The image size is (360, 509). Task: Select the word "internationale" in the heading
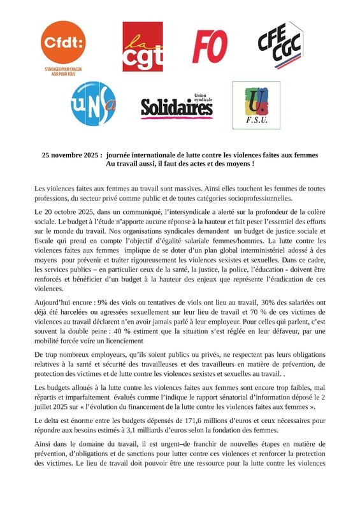[x=161, y=155]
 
